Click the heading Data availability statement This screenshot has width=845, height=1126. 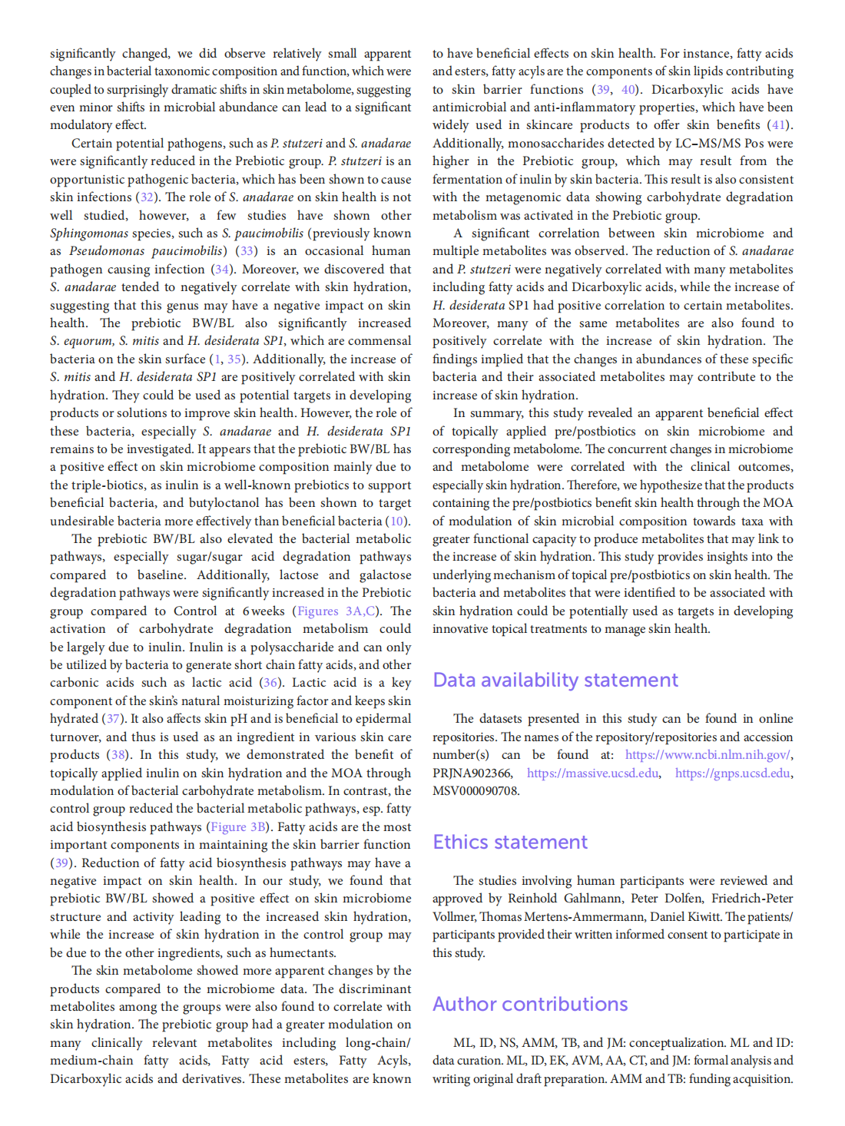pos(555,681)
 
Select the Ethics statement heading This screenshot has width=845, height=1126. pos(510,843)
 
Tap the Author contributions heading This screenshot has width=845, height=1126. pos(530,1005)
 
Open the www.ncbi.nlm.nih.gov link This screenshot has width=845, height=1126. pos(707,755)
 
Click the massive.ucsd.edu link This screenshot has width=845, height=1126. pos(592,773)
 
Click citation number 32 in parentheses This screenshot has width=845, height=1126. pos(147,197)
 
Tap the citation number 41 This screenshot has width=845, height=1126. pos(779,125)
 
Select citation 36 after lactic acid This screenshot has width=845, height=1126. pos(270,683)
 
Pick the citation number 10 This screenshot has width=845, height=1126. pos(396,522)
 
